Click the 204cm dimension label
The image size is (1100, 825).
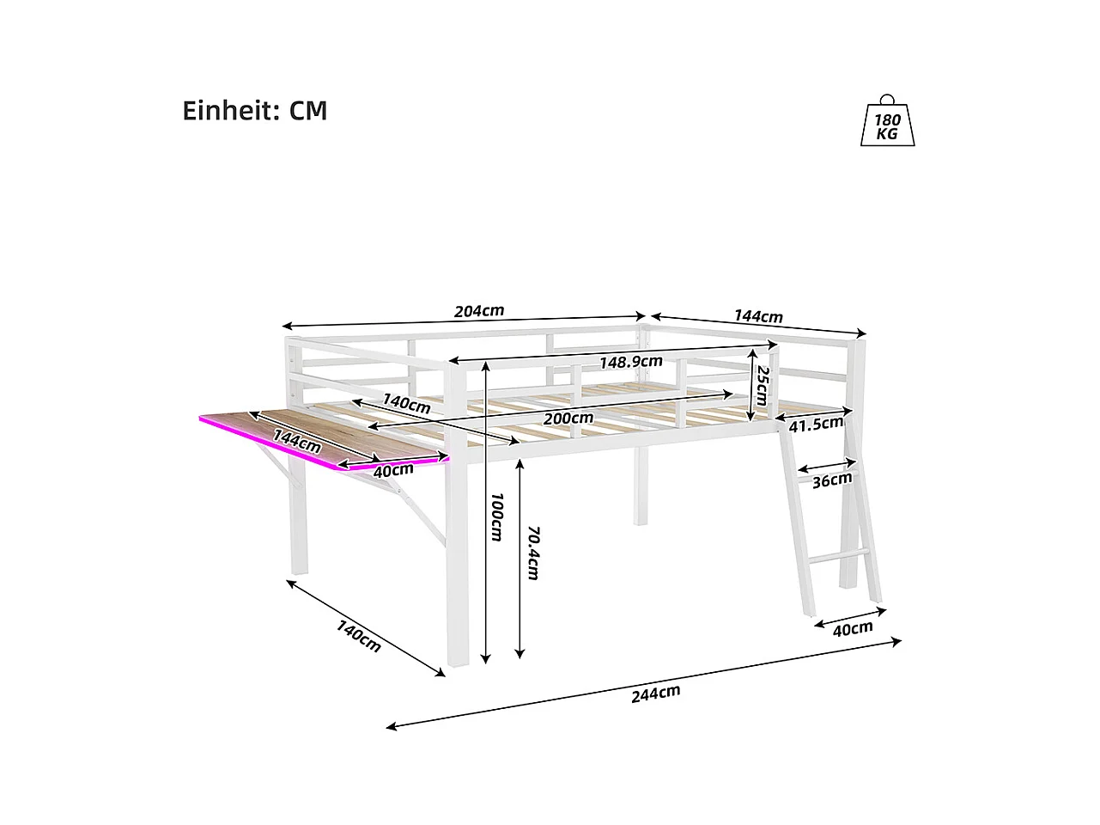(479, 310)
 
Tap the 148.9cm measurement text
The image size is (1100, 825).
(631, 362)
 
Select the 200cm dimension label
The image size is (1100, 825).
(568, 419)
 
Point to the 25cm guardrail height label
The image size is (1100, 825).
(761, 385)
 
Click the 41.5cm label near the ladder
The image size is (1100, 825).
(816, 425)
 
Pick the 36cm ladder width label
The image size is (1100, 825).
(832, 480)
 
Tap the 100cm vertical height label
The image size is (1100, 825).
(495, 516)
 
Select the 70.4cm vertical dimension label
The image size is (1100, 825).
(532, 553)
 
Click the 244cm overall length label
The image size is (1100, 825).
(655, 694)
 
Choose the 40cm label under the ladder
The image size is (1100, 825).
(853, 629)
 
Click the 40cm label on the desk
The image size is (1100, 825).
(393, 470)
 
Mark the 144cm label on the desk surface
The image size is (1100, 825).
(297, 441)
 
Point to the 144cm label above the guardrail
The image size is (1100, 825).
(758, 316)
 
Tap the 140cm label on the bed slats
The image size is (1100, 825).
(406, 403)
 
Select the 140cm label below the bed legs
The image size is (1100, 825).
(358, 637)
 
